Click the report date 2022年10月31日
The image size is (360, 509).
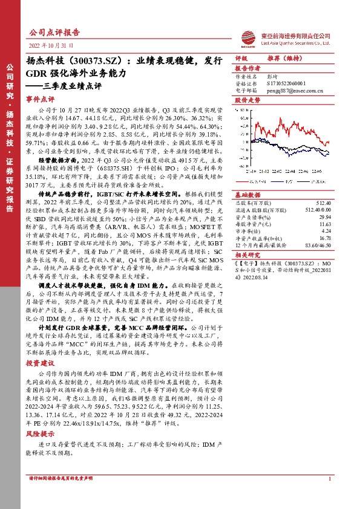50,45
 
